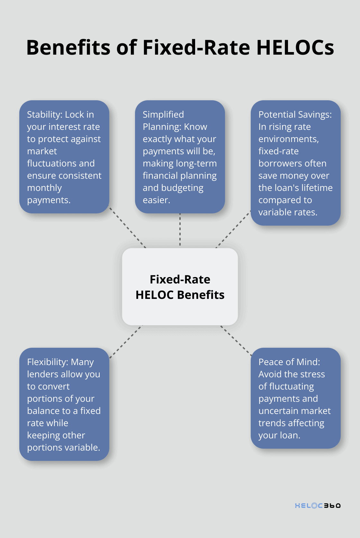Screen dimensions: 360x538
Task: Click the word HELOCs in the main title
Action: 295,47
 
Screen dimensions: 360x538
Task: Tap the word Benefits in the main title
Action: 68,47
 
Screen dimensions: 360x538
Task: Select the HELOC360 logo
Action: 318,505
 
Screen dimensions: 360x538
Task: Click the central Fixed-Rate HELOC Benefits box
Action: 180,287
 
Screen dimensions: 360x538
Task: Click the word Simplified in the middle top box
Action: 163,114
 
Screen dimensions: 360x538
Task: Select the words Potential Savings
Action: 295,114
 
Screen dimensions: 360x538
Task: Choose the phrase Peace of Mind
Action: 289,362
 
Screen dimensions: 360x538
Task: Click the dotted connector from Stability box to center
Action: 128,228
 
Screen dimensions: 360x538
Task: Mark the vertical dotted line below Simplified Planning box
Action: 180,229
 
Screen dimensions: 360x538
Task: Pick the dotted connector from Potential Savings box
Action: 233,229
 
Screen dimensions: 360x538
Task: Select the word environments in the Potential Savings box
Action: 288,139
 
